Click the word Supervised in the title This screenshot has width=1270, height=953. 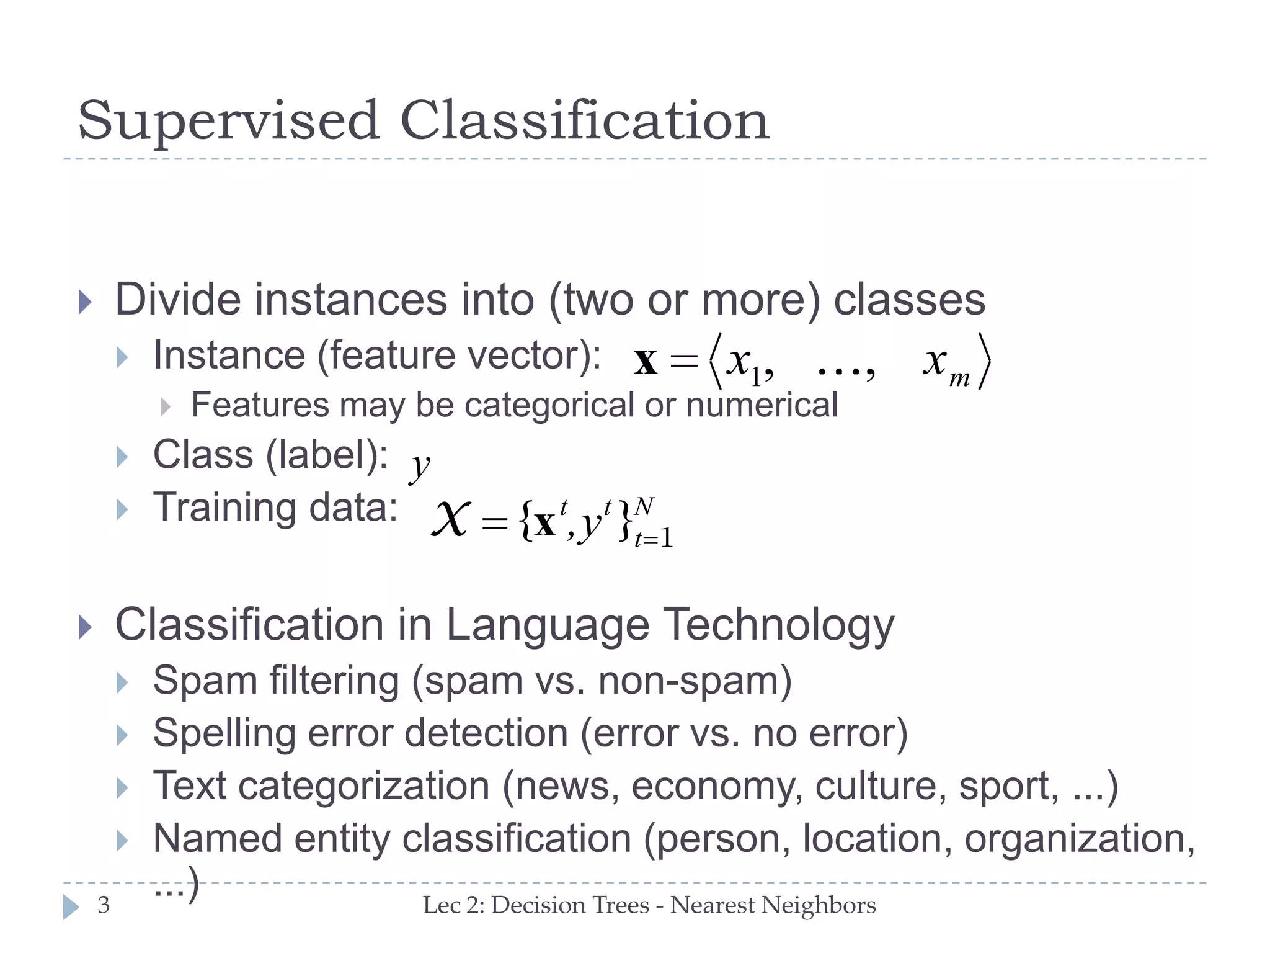click(x=228, y=121)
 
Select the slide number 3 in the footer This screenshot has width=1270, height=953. click(x=104, y=905)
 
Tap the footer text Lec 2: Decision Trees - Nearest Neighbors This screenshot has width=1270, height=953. click(x=649, y=905)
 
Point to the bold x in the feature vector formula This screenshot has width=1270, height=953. click(x=646, y=362)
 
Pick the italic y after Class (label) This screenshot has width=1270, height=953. click(x=420, y=466)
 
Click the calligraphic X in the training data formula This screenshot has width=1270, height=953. click(x=450, y=519)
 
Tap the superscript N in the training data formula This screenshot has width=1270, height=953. click(x=644, y=507)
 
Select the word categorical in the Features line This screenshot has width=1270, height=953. click(x=549, y=406)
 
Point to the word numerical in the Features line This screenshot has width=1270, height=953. click(x=762, y=406)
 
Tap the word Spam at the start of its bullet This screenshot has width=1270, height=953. click(x=205, y=681)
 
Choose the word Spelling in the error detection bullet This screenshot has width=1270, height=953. click(x=224, y=734)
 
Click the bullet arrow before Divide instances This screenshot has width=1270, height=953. click(x=86, y=303)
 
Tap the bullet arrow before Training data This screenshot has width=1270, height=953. click(x=122, y=510)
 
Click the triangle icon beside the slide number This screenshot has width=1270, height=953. click(x=71, y=906)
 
